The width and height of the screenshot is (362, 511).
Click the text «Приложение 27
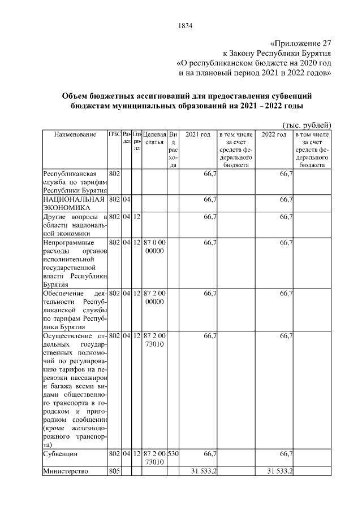300,43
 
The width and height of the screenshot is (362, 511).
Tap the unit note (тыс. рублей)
306,125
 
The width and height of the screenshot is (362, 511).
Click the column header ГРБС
114,134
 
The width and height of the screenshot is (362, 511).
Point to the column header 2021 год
198,135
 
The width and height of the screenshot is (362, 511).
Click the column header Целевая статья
154,138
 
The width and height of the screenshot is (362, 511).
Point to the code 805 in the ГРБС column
114,473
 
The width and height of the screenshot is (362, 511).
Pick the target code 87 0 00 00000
154,246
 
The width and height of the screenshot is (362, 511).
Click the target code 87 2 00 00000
154,297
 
